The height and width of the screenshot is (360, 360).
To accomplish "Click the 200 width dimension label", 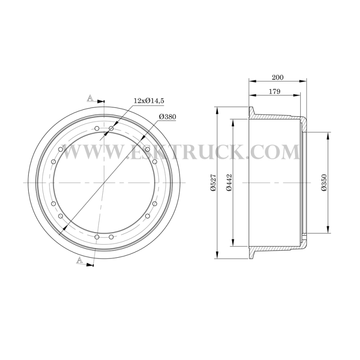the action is [x=278, y=77].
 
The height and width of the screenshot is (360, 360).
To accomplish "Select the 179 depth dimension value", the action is [x=274, y=91].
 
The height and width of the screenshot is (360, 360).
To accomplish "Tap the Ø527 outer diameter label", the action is [x=213, y=183].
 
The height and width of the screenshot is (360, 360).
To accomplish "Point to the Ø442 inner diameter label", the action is [x=229, y=183].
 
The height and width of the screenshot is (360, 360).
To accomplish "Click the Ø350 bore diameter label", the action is [x=324, y=183].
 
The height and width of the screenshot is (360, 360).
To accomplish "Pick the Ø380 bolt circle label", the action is [x=167, y=117].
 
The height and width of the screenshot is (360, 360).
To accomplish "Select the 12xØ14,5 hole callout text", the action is [x=149, y=101].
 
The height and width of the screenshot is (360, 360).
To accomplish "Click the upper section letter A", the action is [x=90, y=98].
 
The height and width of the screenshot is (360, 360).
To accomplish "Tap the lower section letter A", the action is [x=80, y=260].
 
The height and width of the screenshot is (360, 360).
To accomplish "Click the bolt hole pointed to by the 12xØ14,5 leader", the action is [x=111, y=128].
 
